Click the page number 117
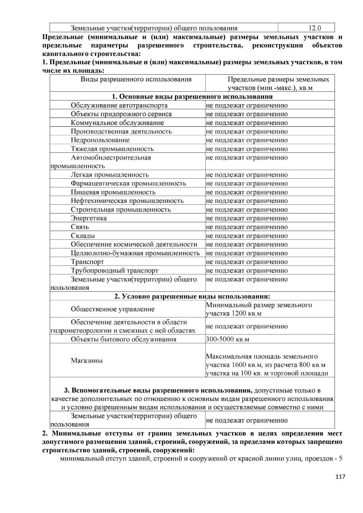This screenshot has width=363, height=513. pyautogui.click(x=340, y=477)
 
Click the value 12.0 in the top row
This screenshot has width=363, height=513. pyautogui.click(x=315, y=28)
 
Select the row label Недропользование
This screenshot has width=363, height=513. pyautogui.click(x=100, y=140)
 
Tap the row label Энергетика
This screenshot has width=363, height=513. pyautogui.click(x=89, y=218)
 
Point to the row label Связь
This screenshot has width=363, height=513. pyautogui.click(x=80, y=227)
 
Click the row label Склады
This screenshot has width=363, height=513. pyautogui.click(x=83, y=236)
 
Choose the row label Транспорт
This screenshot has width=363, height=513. pyautogui.click(x=87, y=262)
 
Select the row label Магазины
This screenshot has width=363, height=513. pyautogui.click(x=87, y=360)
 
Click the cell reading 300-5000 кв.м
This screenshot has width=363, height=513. pyautogui.click(x=227, y=339)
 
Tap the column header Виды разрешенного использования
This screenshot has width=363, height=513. pyautogui.click(x=136, y=79)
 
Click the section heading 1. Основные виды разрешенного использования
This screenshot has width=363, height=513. pyautogui.click(x=192, y=97)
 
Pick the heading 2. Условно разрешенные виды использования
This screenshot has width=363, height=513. pyautogui.click(x=192, y=296)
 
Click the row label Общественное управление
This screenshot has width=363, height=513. pyautogui.click(x=113, y=309)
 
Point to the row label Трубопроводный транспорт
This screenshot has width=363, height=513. pyautogui.click(x=114, y=270)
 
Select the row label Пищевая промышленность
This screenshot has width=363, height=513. pyautogui.click(x=113, y=192)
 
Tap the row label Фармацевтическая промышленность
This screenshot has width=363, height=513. pyautogui.click(x=128, y=183)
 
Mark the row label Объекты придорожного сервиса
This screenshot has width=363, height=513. pyautogui.click(x=121, y=114)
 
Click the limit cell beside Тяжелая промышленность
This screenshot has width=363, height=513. pyautogui.click(x=247, y=149)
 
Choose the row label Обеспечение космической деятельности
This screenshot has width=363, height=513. pyautogui.click(x=134, y=244)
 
